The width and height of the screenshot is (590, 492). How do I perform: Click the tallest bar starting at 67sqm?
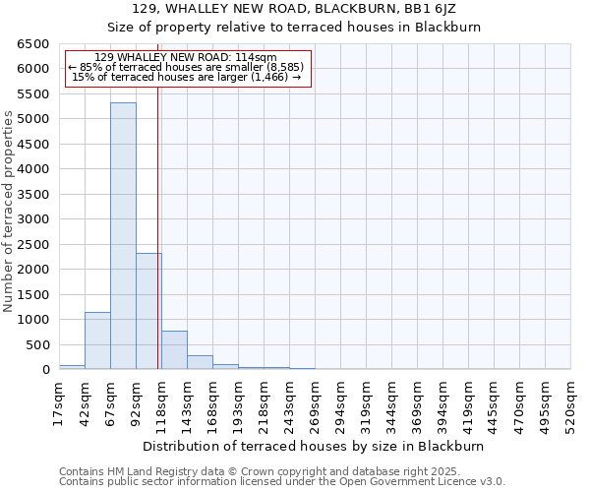pyautogui.click(x=123, y=236)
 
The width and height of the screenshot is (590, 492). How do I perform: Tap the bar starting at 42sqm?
pyautogui.click(x=97, y=340)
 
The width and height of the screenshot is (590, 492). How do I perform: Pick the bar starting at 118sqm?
pyautogui.click(x=174, y=350)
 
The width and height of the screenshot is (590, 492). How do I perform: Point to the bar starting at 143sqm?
pyautogui.click(x=200, y=362)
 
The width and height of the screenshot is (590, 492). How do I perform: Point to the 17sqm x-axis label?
pyautogui.click(x=59, y=402)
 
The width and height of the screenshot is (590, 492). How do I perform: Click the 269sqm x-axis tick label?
pyautogui.click(x=315, y=402)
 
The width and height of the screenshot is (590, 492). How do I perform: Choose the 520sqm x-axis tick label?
pyautogui.click(x=570, y=402)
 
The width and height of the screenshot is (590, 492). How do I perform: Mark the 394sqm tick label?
pyautogui.click(x=442, y=402)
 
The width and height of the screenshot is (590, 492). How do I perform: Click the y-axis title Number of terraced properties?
pyautogui.click(x=10, y=212)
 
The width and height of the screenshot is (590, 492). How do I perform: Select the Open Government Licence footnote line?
pyautogui.click(x=282, y=482)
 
